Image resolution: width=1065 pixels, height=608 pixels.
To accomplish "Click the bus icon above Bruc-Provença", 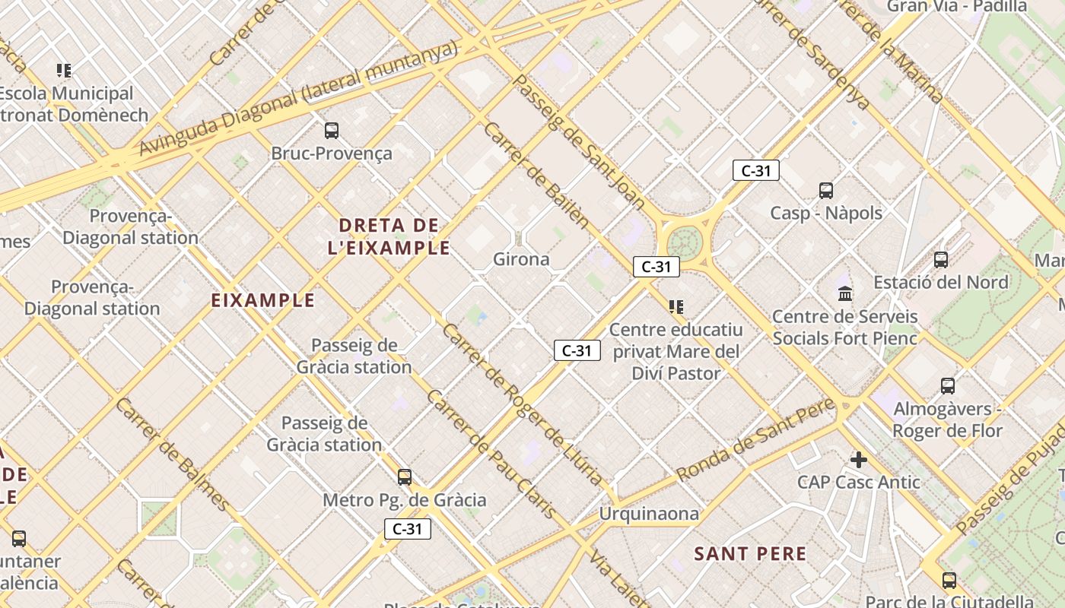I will [331, 130].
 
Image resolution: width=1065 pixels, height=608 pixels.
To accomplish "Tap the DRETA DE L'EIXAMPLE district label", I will [389, 236].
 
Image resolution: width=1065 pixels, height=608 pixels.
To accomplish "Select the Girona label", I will [521, 259].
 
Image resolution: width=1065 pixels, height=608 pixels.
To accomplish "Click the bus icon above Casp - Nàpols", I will [825, 190].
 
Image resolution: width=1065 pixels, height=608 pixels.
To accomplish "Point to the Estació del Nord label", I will [940, 282].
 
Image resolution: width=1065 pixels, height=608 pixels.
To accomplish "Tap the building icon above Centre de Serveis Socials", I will [844, 293].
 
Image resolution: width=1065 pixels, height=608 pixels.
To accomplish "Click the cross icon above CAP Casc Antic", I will [859, 459].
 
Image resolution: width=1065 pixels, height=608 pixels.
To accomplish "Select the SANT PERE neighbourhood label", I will [750, 553].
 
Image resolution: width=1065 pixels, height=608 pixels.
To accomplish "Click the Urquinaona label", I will [649, 514].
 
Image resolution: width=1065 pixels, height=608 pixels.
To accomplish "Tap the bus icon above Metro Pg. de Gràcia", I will [405, 477].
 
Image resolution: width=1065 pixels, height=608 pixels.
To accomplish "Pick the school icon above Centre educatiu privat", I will [676, 307].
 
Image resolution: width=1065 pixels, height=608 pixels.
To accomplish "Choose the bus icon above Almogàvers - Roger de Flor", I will [947, 385].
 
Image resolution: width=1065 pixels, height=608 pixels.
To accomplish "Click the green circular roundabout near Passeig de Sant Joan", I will [684, 242].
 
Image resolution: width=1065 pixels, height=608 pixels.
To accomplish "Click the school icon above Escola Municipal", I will [64, 71].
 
